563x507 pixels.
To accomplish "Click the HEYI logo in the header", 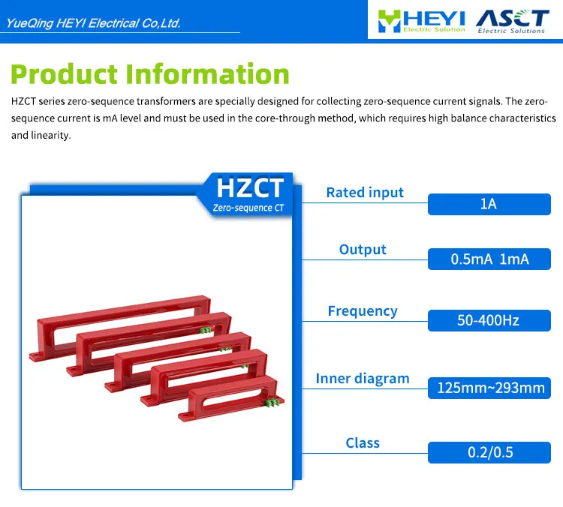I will [421, 20].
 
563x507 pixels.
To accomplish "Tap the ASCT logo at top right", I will [512, 20].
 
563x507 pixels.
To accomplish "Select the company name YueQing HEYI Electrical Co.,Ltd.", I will [94, 23].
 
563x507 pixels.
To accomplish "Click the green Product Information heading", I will [150, 74].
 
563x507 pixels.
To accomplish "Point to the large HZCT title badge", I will [250, 187].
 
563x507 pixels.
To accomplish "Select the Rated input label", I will [365, 193].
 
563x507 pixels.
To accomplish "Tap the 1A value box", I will [489, 203].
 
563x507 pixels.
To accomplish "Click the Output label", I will [363, 250].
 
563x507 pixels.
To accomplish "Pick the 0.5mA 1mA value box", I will [489, 259].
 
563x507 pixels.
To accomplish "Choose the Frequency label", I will [363, 311].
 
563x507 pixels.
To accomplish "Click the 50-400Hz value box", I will [489, 320].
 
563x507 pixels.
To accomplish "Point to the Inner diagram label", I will [363, 379].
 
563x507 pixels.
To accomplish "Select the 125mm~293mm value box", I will [489, 388].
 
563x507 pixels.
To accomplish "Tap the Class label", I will [363, 443].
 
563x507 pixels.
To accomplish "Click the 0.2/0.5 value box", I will [489, 452].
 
